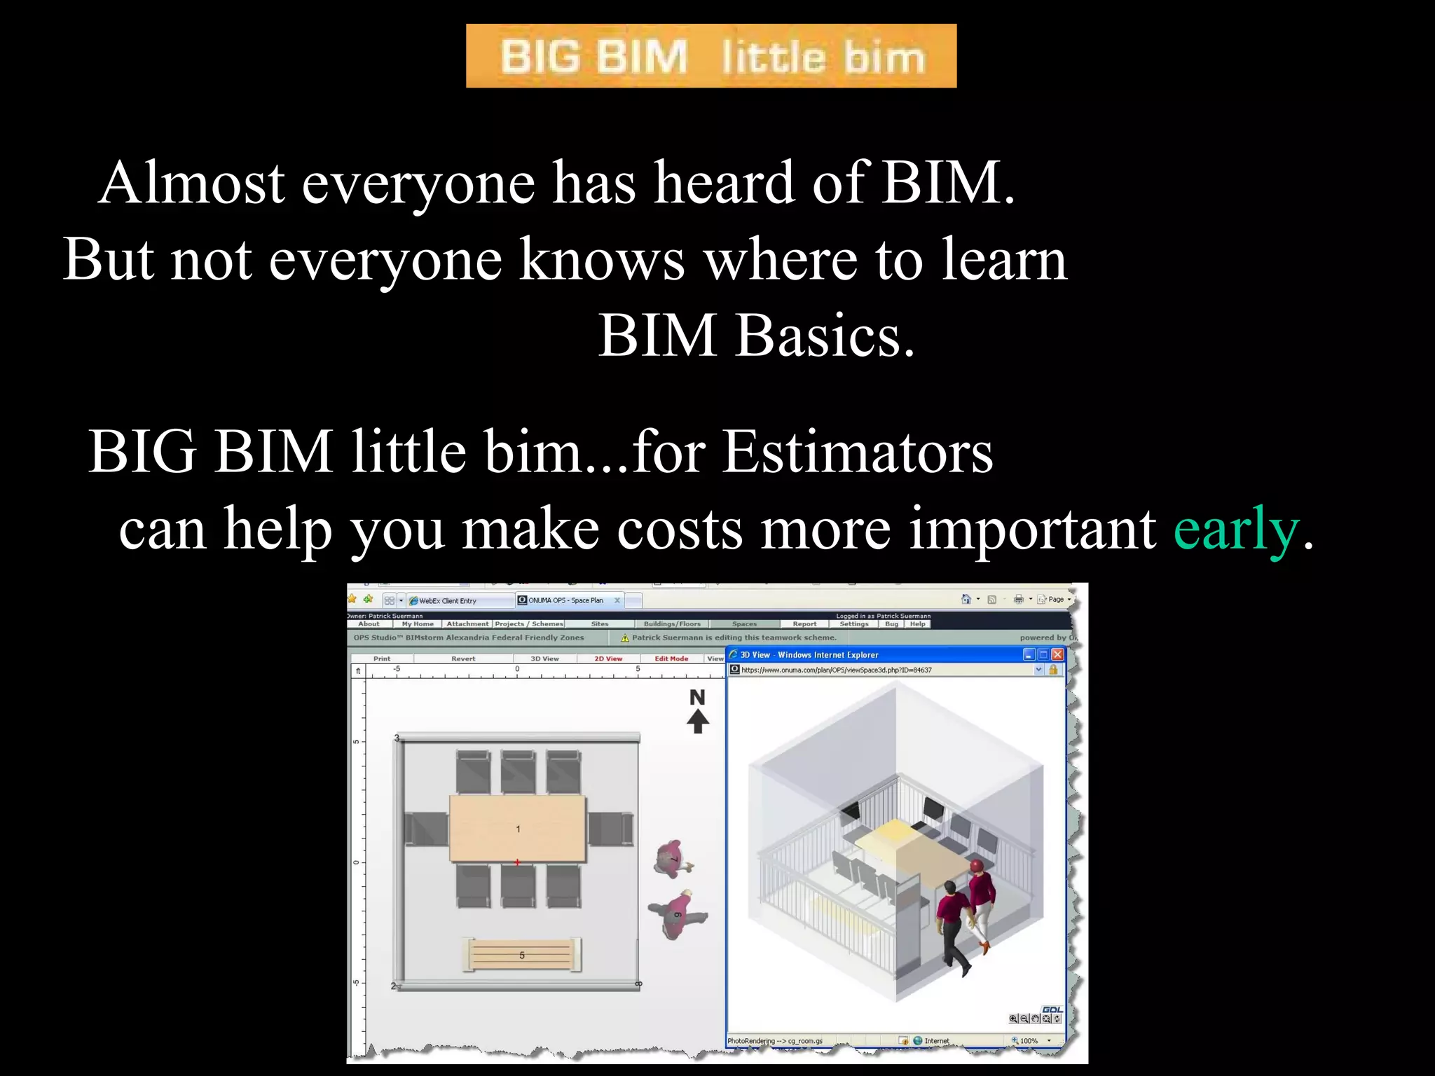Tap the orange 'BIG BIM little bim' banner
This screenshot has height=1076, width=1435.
(711, 56)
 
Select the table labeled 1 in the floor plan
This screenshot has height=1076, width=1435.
(517, 828)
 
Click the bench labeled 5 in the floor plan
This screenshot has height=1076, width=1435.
(522, 955)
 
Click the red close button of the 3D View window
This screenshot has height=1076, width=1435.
(1057, 654)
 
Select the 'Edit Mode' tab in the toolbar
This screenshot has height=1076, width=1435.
(671, 658)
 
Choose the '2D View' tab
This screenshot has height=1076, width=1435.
(608, 658)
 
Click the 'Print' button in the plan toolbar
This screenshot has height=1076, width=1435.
(382, 658)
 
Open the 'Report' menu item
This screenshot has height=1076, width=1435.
(804, 623)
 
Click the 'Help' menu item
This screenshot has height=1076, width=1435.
(917, 623)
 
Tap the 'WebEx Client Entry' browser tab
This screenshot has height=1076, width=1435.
(448, 600)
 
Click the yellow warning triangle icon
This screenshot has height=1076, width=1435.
(625, 637)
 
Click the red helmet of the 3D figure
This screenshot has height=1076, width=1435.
(976, 866)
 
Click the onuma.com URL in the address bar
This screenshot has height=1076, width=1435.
(837, 670)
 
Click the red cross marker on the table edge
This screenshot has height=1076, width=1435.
(517, 862)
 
